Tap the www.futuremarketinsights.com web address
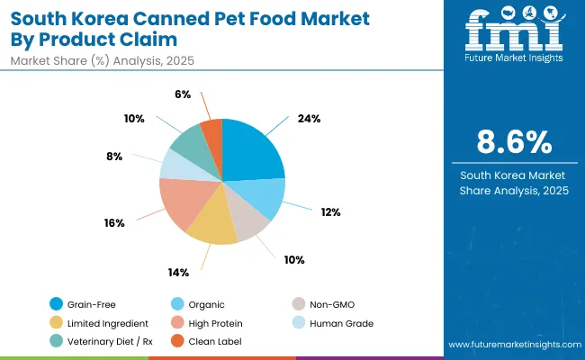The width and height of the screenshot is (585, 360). (x=511, y=345)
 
